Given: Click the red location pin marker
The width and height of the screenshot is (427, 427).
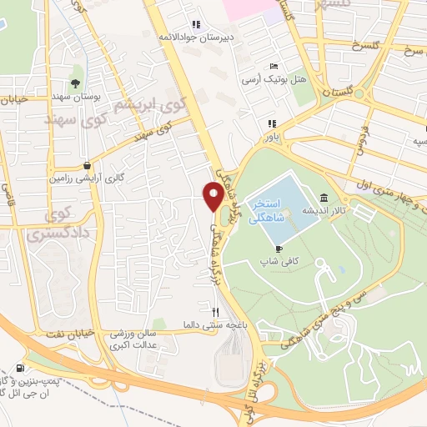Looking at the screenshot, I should coord(213,197).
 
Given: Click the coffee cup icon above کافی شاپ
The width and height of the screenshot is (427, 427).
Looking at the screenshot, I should coord(279,248).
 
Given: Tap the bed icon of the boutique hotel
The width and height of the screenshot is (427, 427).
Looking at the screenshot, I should coord(273,68).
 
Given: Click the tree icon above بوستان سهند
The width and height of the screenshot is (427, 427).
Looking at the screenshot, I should coord(76,83).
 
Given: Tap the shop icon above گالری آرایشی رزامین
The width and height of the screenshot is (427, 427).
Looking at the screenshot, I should coord(88,165).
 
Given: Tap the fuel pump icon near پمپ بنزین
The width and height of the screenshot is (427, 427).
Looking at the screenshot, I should coord(20,368).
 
